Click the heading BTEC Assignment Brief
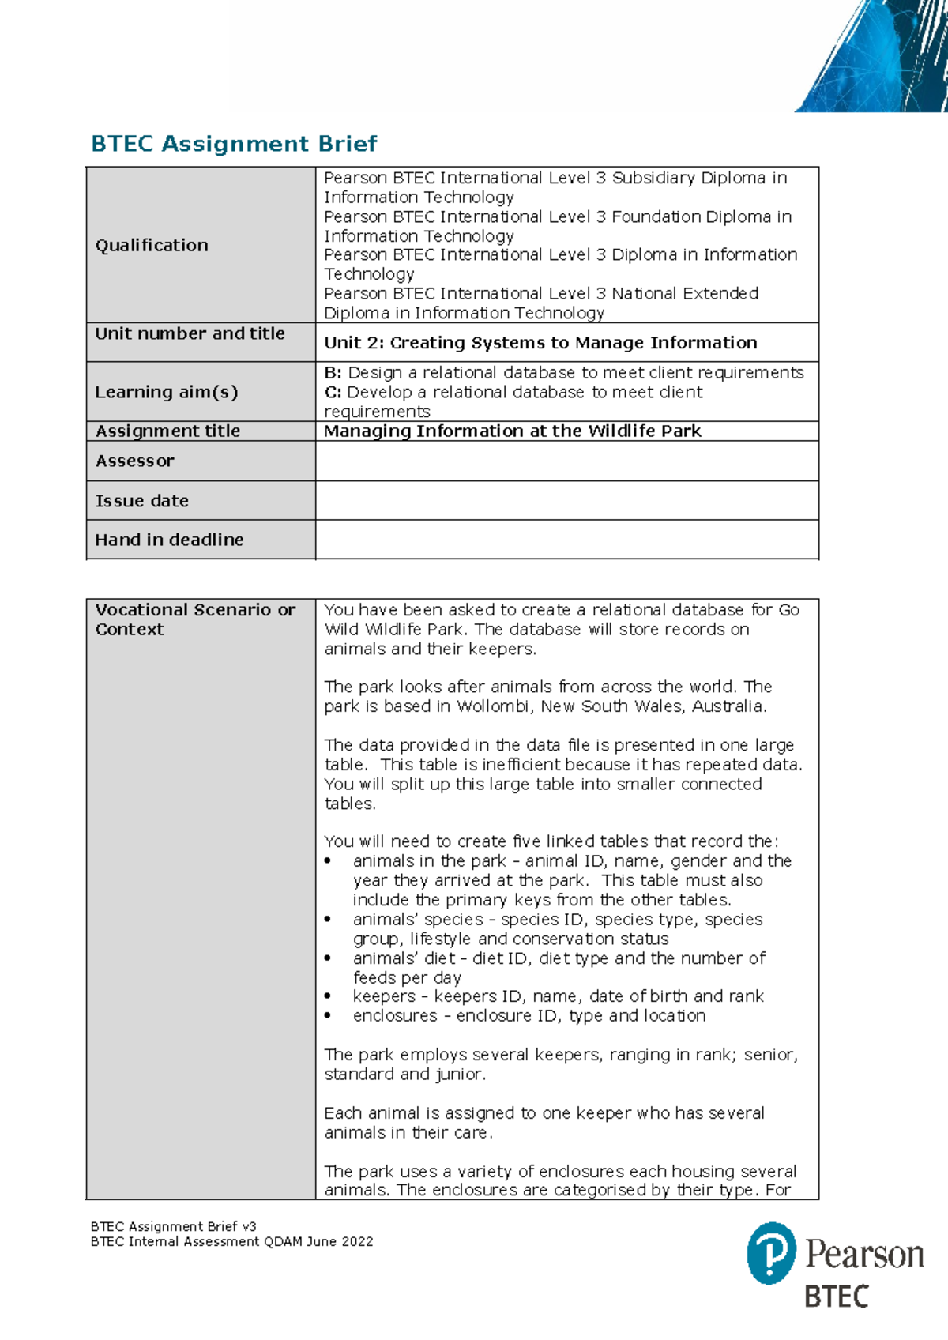click(x=234, y=144)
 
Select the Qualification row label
click(x=152, y=245)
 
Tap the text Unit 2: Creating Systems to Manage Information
click(x=540, y=342)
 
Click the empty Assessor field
click(x=566, y=461)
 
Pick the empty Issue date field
click(x=566, y=500)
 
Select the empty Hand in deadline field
click(x=566, y=540)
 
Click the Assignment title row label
click(x=167, y=431)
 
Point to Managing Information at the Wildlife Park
click(x=513, y=431)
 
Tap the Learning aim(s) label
click(x=166, y=392)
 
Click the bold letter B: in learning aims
click(x=333, y=373)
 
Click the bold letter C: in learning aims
click(x=333, y=393)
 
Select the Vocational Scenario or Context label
click(x=195, y=619)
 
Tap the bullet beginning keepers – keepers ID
click(x=558, y=996)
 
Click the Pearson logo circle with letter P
click(x=771, y=1252)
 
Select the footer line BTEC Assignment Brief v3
click(x=174, y=1226)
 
